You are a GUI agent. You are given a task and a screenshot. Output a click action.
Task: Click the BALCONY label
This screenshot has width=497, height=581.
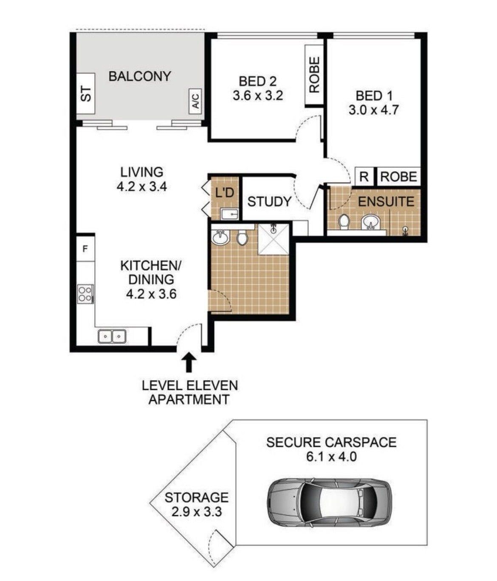[x=140, y=76]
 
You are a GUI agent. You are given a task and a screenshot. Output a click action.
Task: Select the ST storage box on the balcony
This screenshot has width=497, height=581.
[x=86, y=93]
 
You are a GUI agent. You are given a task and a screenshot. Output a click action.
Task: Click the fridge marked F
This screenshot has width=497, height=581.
[x=85, y=248]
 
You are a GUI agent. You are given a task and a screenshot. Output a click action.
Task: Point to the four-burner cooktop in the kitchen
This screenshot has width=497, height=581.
[x=85, y=294]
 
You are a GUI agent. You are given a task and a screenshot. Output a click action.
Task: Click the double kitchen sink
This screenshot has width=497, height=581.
[x=112, y=336]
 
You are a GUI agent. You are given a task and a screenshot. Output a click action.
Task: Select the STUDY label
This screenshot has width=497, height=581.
[x=269, y=202]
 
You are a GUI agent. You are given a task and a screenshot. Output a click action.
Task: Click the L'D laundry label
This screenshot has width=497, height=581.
[x=225, y=192]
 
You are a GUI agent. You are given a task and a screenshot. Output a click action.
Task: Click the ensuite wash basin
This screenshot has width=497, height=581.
[x=371, y=223]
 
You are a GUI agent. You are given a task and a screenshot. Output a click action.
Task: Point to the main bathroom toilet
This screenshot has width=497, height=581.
[x=242, y=237]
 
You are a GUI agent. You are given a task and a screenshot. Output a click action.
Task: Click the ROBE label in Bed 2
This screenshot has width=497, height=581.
[x=314, y=74]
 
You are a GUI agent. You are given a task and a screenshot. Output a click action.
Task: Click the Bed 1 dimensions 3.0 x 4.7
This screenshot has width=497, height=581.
[x=373, y=110]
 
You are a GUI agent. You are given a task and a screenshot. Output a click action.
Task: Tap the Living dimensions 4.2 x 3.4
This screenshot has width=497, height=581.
[x=142, y=186]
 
